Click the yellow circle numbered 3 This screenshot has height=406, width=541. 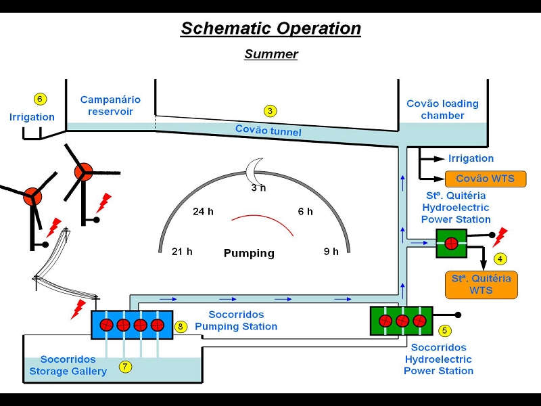270,111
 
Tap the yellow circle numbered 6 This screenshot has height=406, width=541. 40,99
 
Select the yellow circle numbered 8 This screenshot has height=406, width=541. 181,326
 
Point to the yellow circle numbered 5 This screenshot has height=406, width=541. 444,330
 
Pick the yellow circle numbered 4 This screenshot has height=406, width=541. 500,258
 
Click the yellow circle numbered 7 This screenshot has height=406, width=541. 125,366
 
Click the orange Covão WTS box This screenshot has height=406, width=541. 486,179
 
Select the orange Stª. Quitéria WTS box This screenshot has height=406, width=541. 481,285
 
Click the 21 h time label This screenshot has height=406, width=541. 182,251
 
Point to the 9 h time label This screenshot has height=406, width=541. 331,251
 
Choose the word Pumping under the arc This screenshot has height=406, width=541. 249,253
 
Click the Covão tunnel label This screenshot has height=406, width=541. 268,131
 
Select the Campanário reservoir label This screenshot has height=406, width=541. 110,106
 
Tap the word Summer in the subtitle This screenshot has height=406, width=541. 271,54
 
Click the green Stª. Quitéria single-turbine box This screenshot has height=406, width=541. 452,244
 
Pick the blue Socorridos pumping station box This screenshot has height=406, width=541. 132,325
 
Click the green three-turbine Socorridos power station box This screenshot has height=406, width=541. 401,321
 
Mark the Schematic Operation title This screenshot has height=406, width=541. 271,28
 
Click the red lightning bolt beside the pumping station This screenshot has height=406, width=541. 78,309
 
